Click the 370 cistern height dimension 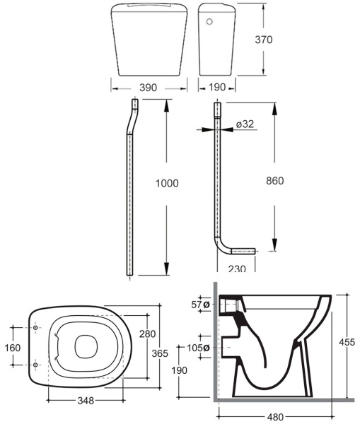[x=263, y=40]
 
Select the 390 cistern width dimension [x=148, y=88]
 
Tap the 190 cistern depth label [x=217, y=87]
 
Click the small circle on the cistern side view [x=209, y=21]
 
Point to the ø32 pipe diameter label [x=245, y=124]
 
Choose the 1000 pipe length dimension [x=167, y=183]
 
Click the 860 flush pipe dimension [x=274, y=181]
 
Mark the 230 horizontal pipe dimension [x=237, y=269]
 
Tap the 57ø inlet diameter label [x=200, y=305]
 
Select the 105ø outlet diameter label [x=198, y=348]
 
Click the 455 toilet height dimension [x=347, y=342]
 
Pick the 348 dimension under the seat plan [x=86, y=401]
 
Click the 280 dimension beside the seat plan [x=148, y=334]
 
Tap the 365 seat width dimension [x=160, y=353]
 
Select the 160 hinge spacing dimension [x=13, y=348]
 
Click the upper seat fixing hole [x=35, y=327]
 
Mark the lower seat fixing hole [x=35, y=365]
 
